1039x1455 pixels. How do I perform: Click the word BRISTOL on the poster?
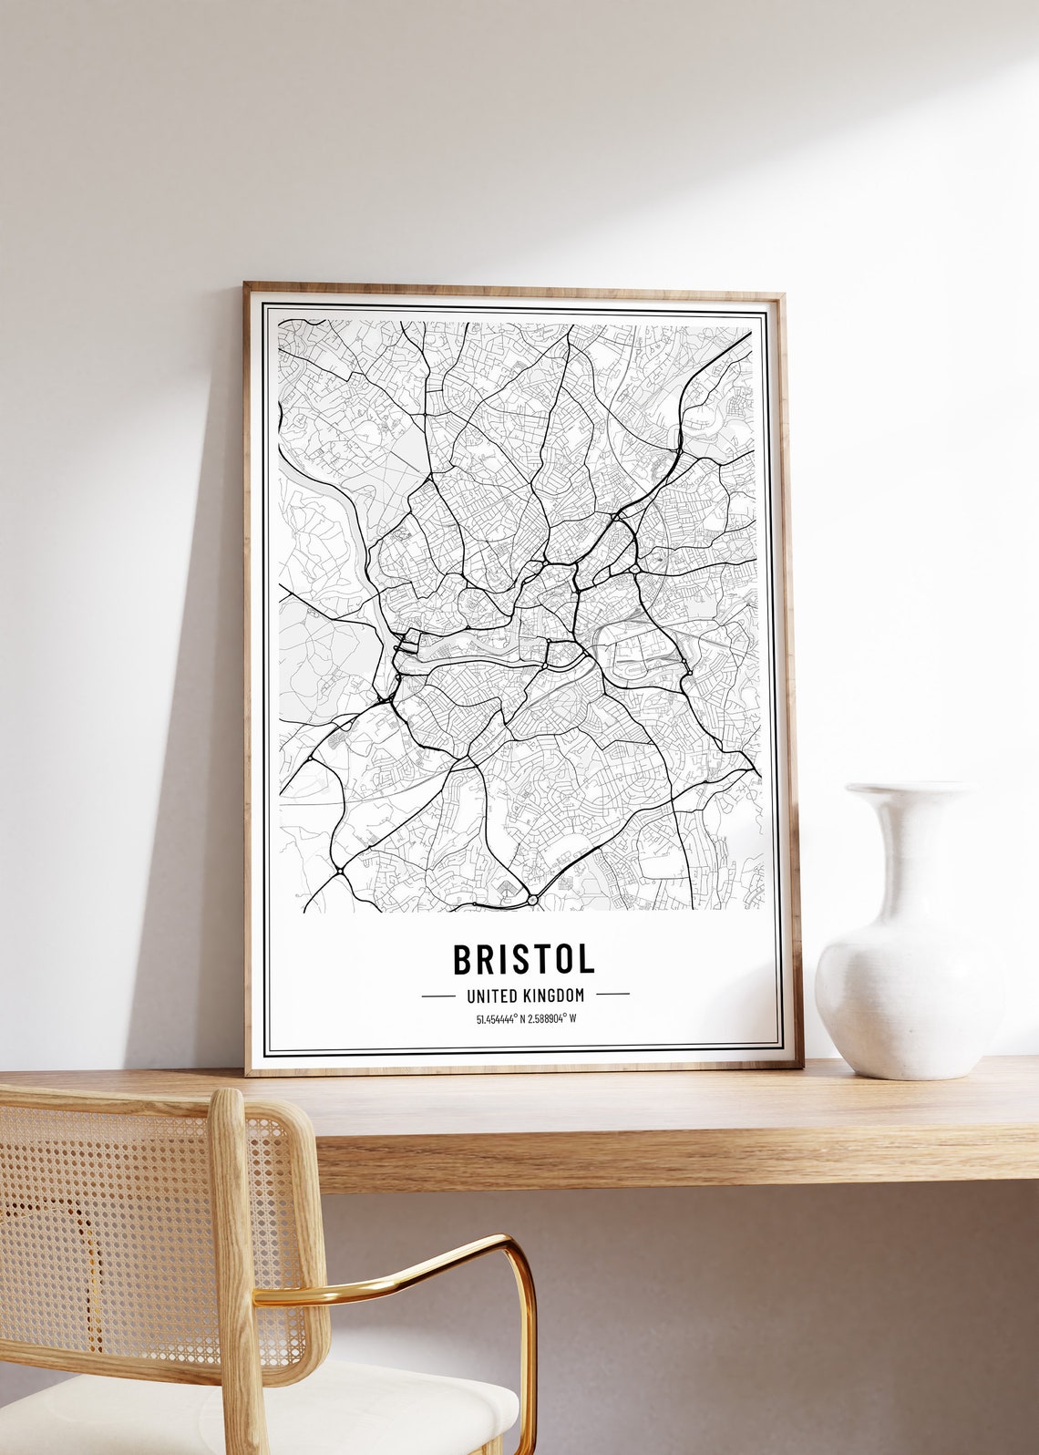click(x=523, y=959)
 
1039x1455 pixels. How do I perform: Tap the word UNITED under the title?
click(x=492, y=996)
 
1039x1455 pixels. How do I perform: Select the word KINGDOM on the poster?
click(x=553, y=996)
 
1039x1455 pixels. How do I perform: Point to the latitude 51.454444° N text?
click(x=501, y=1018)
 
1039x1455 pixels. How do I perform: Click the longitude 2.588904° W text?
click(x=550, y=1018)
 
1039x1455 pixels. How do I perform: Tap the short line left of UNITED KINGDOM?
click(x=437, y=996)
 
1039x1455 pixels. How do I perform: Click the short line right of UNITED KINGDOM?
click(x=612, y=995)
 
